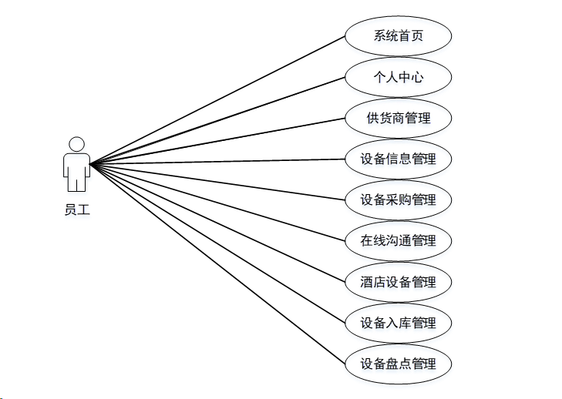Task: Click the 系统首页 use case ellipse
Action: (398, 36)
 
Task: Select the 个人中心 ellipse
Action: (398, 77)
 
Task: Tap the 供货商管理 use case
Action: (398, 119)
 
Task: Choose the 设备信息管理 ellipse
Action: (398, 159)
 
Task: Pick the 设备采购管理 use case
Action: (398, 200)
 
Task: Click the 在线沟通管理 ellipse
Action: (398, 240)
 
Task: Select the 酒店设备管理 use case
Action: (398, 282)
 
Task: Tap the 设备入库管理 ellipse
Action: (398, 323)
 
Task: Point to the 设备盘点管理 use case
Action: (398, 364)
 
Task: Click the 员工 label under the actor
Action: (76, 208)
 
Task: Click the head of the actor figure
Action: (76, 144)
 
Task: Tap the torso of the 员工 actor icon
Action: (76, 165)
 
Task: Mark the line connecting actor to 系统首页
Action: (218, 100)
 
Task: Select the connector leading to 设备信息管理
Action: (218, 162)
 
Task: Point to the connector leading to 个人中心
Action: (218, 121)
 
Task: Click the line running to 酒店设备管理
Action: (218, 223)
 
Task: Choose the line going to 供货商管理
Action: (218, 141)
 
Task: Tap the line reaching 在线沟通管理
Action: (218, 203)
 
